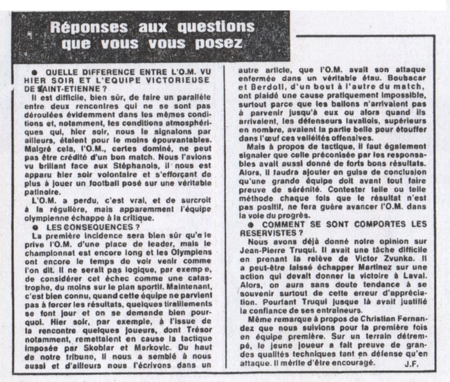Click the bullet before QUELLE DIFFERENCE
33,72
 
